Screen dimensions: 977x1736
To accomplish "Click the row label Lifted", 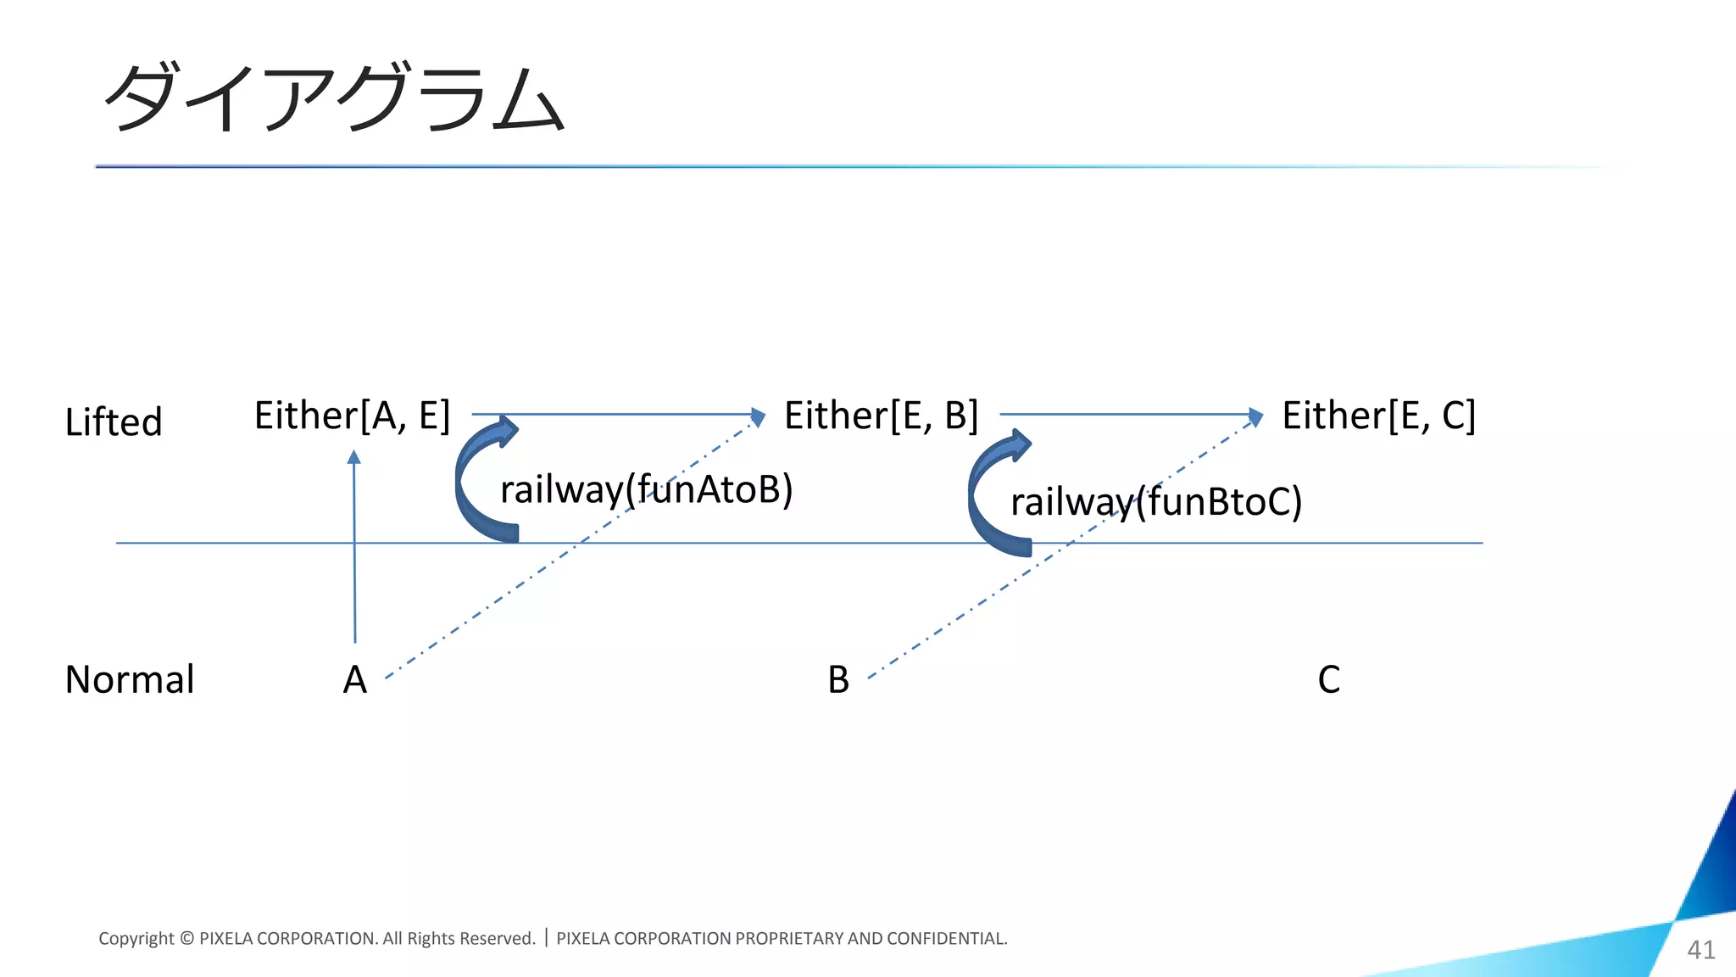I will (x=114, y=422).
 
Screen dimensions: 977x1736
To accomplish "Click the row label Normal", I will (x=130, y=679).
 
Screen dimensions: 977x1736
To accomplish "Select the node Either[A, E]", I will (x=352, y=416).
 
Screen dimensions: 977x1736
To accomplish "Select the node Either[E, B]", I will (x=881, y=416).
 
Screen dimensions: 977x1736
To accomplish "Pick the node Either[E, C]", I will (x=1378, y=416).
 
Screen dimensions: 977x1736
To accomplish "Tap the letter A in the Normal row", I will (x=355, y=679).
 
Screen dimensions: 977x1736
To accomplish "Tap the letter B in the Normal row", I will (x=838, y=679).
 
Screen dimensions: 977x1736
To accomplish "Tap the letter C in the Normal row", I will (x=1328, y=679).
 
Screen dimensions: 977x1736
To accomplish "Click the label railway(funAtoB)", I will (x=646, y=489).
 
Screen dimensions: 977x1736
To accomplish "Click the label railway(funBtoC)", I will (x=1155, y=501).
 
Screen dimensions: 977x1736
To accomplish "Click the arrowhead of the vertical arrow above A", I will (x=354, y=457).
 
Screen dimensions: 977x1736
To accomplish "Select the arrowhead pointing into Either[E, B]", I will (x=759, y=416).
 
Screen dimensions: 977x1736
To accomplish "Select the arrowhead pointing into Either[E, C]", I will (x=1256, y=416).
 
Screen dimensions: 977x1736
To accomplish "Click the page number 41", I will (x=1700, y=949).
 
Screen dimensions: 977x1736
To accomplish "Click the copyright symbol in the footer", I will (x=186, y=938).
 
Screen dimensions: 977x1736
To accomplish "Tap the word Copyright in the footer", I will (x=136, y=938).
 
